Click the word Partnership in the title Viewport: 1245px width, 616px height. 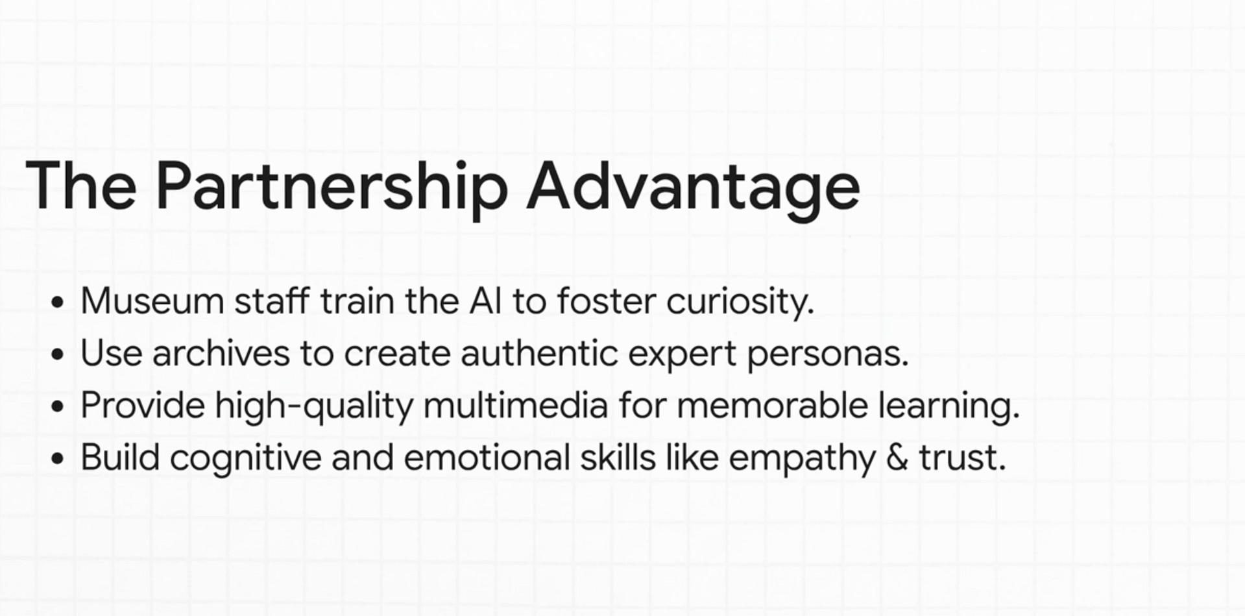332,188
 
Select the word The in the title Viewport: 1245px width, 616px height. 81,186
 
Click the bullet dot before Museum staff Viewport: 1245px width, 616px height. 58,302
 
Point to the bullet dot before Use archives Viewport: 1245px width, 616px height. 58,354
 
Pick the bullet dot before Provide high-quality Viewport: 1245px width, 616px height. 58,406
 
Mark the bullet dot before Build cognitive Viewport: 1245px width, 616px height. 58,458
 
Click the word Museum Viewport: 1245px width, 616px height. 152,302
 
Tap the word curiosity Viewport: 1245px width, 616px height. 740,303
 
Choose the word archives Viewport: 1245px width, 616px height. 221,354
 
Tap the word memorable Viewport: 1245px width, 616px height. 773,406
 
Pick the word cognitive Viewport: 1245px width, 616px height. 246,459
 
